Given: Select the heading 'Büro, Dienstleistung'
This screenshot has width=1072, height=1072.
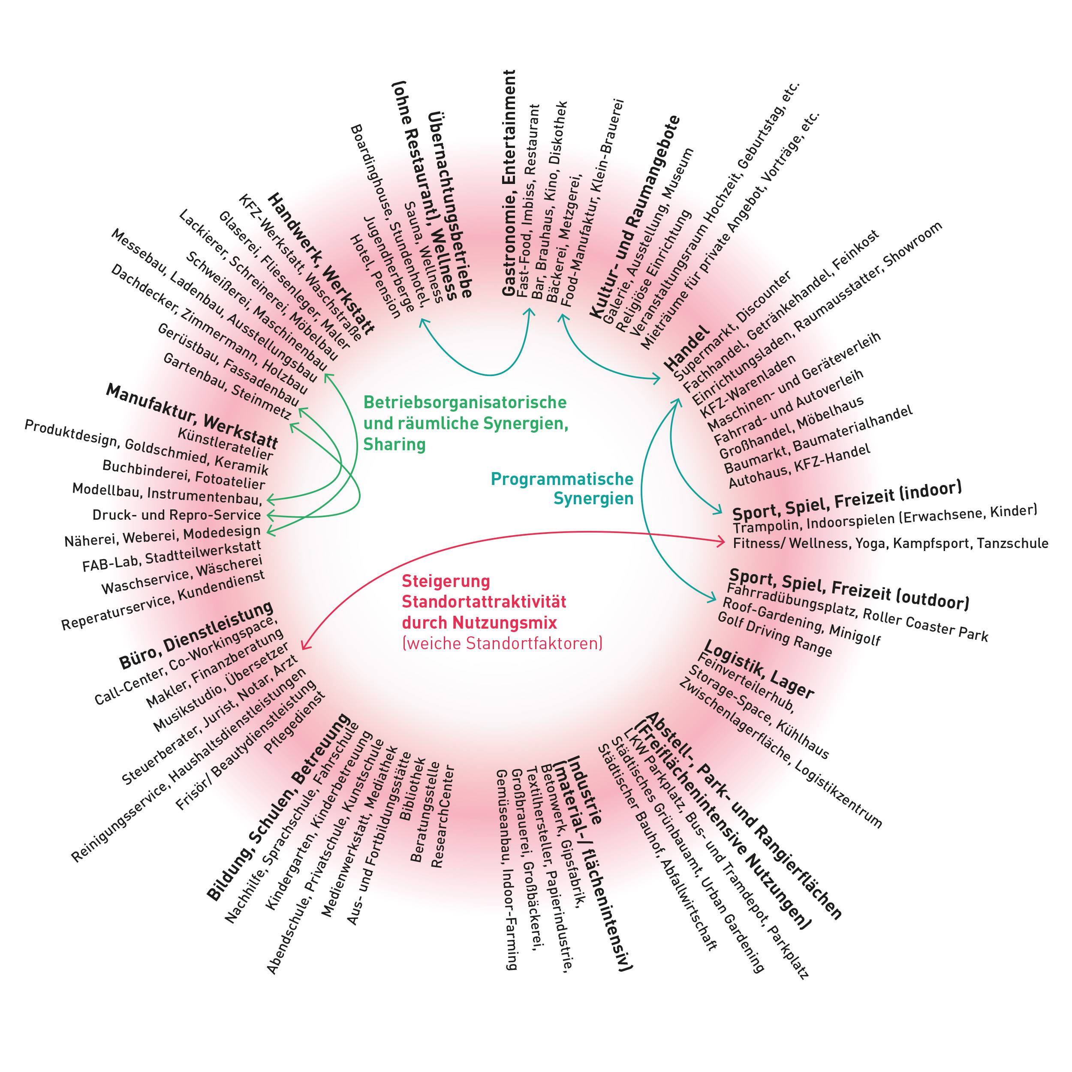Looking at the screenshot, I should click(x=196, y=635).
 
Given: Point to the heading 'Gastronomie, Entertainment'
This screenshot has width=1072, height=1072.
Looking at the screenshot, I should click(x=509, y=183).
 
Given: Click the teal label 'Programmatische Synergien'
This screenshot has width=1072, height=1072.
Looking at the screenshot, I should click(x=562, y=488).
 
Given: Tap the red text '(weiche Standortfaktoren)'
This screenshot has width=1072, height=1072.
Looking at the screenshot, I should click(x=502, y=644).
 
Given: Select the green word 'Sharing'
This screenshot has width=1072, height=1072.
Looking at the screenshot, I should click(x=394, y=444).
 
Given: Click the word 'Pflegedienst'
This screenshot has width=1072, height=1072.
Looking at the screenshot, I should click(x=295, y=721).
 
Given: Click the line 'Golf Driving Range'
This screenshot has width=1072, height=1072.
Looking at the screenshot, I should click(x=774, y=634).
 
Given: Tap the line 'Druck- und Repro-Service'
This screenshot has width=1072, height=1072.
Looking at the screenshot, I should click(x=176, y=515).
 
